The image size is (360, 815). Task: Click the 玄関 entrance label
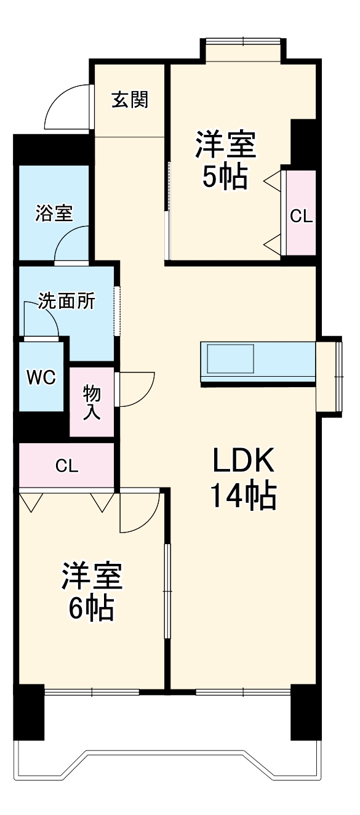pyautogui.click(x=129, y=99)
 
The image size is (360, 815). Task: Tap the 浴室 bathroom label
pyautogui.click(x=54, y=214)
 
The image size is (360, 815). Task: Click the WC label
pyautogui.click(x=41, y=377)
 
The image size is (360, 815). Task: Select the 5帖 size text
pyautogui.click(x=225, y=178)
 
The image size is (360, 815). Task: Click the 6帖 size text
pyautogui.click(x=90, y=608)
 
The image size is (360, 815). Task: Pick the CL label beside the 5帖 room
pyautogui.click(x=302, y=216)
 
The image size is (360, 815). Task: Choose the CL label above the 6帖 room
pyautogui.click(x=66, y=465)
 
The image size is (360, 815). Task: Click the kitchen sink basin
pyautogui.click(x=230, y=358)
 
